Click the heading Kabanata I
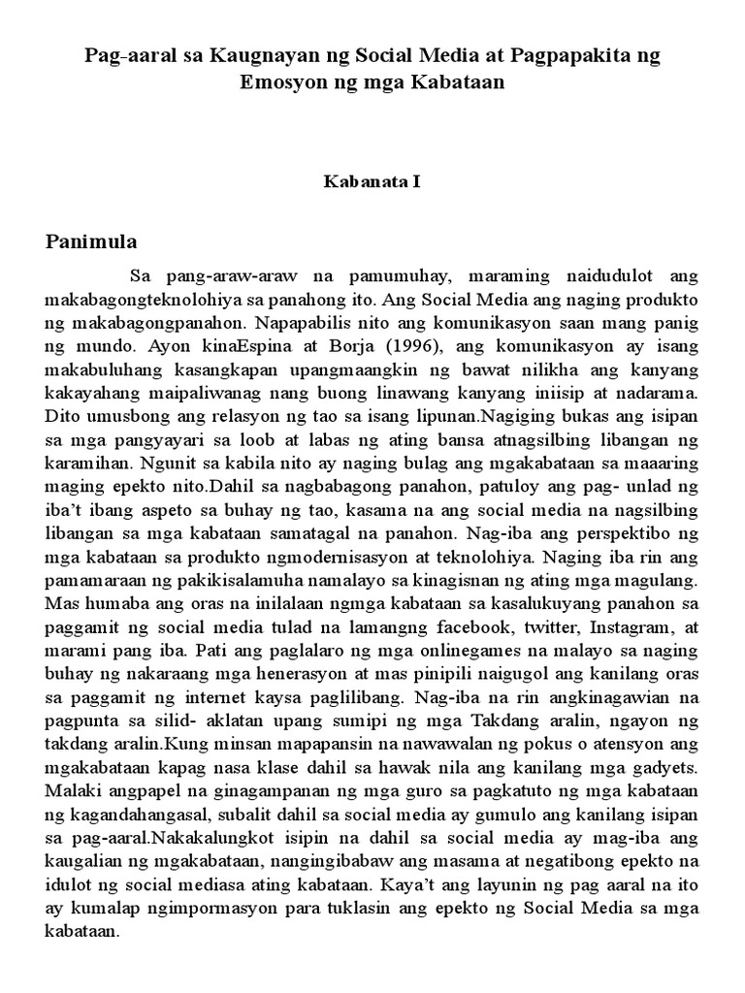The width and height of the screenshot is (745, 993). (372, 181)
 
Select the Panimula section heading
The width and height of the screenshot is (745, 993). (92, 240)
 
